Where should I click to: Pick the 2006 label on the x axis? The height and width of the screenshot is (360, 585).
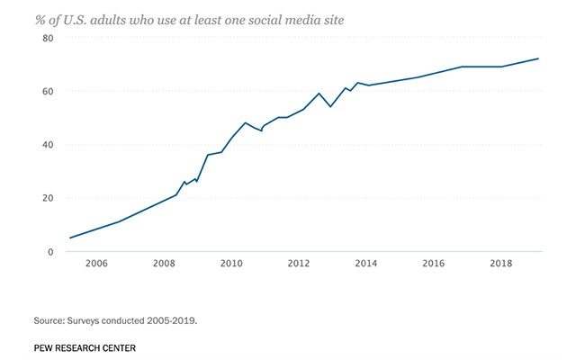click(96, 264)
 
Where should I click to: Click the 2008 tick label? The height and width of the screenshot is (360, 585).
click(164, 264)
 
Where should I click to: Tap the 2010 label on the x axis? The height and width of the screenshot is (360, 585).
click(231, 264)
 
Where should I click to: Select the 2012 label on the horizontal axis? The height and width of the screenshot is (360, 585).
click(299, 264)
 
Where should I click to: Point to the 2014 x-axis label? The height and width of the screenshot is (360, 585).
click(366, 264)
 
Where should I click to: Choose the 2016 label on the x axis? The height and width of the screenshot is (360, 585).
click(434, 264)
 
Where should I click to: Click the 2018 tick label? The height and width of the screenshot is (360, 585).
click(501, 264)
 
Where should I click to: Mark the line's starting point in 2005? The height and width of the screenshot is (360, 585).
click(70, 238)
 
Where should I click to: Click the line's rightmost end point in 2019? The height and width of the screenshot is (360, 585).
click(538, 58)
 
